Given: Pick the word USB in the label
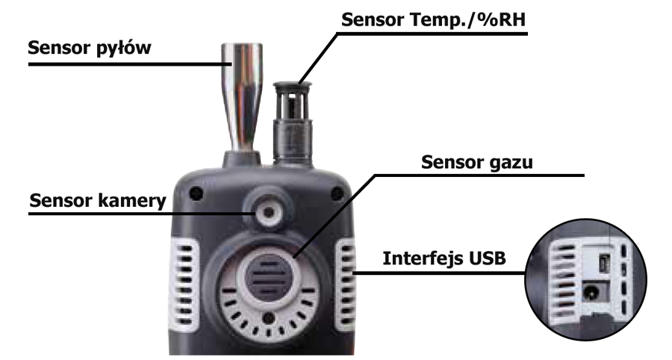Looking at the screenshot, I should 487,259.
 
